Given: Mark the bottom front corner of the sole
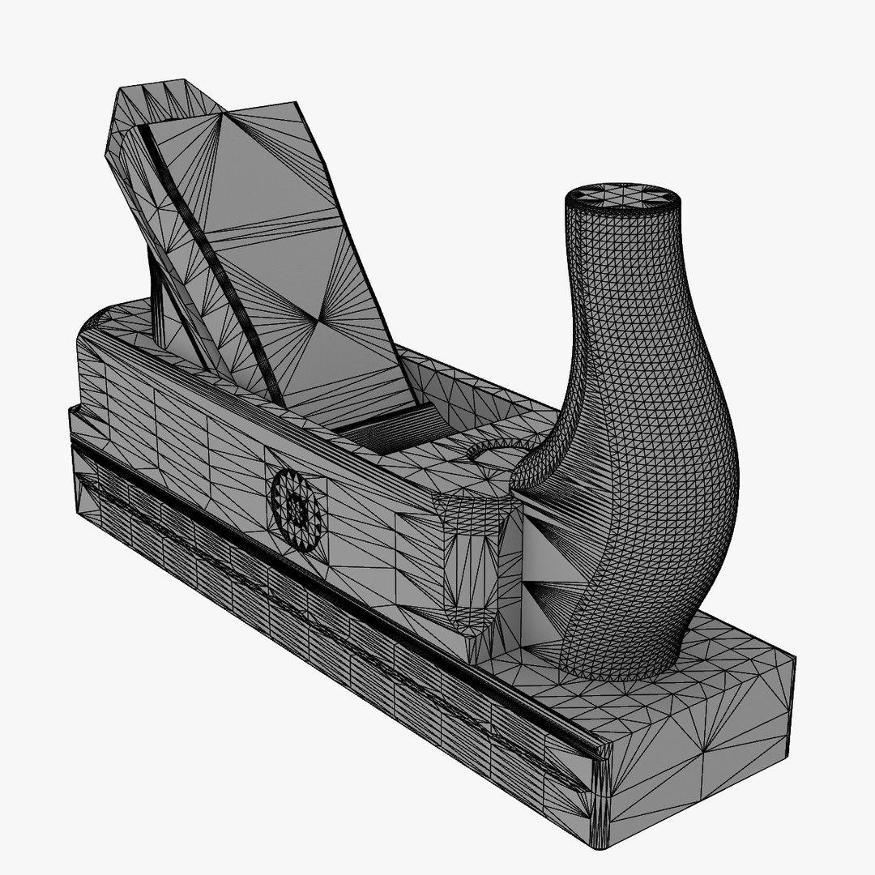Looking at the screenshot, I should (x=604, y=843).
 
